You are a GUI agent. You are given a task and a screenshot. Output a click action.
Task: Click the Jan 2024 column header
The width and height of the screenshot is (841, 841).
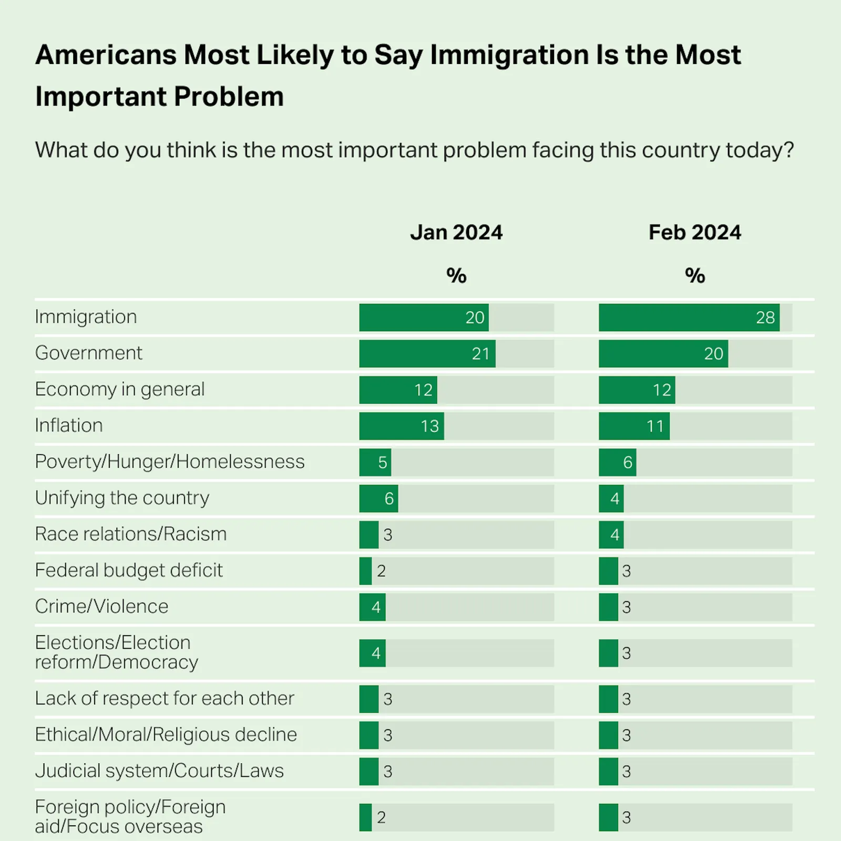pos(456,232)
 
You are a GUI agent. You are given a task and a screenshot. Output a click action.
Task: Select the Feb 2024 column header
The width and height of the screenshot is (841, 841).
pos(694,232)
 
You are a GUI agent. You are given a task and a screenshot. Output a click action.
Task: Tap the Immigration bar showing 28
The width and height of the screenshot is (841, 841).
pos(689,317)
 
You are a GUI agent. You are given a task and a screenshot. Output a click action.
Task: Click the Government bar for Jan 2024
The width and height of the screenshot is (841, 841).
pos(427,354)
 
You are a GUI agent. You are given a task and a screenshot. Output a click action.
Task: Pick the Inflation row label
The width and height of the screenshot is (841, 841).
pos(69,425)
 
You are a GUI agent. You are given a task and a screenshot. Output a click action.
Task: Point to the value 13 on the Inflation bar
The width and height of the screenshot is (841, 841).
pos(429,426)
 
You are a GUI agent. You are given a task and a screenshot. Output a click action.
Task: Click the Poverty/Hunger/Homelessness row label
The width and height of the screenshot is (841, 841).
pos(169,461)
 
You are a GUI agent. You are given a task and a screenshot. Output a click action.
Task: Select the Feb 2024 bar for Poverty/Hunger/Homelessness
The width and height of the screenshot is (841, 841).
pos(618,463)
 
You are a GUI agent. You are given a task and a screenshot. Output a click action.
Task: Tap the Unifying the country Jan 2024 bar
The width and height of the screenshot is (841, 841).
pos(378,499)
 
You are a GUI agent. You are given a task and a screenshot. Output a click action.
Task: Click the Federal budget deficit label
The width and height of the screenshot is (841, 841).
pos(129,570)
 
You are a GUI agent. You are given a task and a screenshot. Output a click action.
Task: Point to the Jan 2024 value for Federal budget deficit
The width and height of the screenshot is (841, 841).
pos(382,571)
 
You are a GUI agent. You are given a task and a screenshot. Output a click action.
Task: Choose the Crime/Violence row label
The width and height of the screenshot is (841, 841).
pos(101,607)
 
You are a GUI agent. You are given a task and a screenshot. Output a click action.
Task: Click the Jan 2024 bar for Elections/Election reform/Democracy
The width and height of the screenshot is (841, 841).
pos(372,653)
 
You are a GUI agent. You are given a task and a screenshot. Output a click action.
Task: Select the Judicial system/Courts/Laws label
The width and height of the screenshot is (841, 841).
pos(159,771)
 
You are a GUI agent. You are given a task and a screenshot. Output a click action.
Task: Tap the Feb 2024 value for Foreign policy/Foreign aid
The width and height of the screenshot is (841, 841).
pos(626,818)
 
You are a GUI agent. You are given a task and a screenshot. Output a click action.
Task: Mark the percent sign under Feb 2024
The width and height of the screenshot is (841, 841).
pos(694,275)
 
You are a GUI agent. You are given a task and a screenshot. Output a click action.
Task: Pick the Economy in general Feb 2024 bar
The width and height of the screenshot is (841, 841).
pos(637,390)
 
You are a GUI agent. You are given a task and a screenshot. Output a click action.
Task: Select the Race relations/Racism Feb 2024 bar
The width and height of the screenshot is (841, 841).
pos(611,535)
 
